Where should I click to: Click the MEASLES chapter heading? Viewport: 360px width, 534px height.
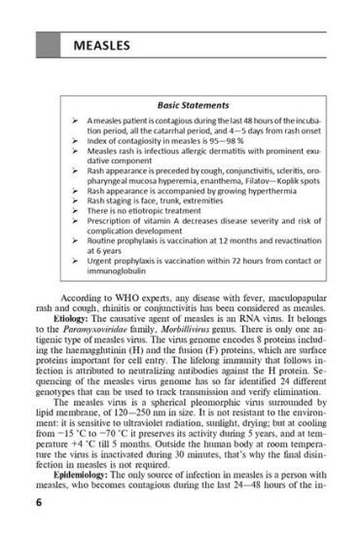(100, 47)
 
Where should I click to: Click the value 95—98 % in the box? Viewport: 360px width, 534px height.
(228, 140)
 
